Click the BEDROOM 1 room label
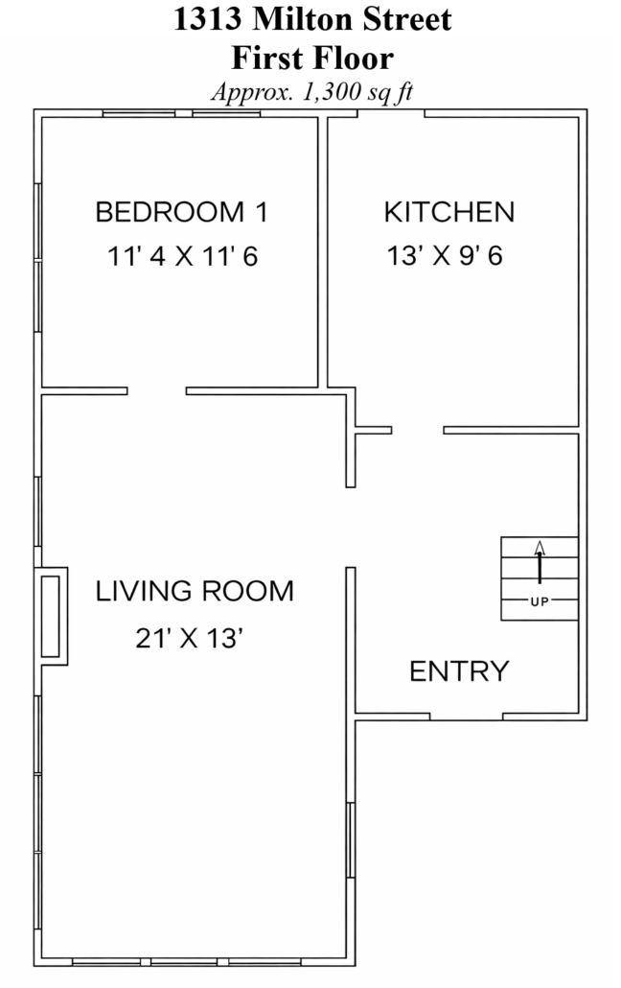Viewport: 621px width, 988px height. pos(181,212)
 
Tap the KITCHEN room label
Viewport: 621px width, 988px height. pos(449,212)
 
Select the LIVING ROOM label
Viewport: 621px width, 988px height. pos(195,591)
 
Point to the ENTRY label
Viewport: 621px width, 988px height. pos(459,671)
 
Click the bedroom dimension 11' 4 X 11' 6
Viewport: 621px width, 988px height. pos(183,256)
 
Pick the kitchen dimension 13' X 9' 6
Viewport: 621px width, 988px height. pos(445,256)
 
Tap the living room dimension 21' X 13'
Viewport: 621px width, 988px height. pos(190,638)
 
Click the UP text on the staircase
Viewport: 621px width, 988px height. pos(540,601)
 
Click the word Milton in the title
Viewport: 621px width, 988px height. pos(295,19)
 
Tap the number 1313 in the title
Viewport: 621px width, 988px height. pos(207,19)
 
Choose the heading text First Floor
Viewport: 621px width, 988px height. pos(312,58)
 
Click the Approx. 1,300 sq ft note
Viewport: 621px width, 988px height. pos(312,92)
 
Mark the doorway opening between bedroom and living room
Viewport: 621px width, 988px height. pos(157,391)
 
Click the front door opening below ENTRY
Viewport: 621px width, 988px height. pos(466,717)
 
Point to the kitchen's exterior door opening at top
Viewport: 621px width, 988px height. pos(391,113)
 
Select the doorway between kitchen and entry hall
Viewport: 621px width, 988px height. pos(418,431)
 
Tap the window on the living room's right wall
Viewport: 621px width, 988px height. pos(351,840)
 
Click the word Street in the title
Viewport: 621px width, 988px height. pos(400,19)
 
